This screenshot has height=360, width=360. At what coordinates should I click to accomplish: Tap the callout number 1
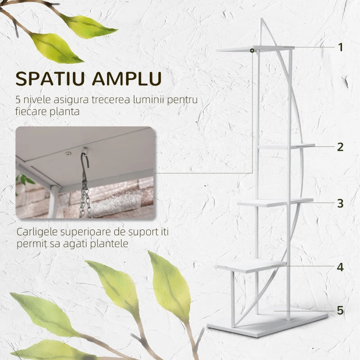tap(341, 47)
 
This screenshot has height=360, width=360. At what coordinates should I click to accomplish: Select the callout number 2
tap(341, 146)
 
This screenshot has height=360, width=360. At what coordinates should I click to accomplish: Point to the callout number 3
tap(341, 203)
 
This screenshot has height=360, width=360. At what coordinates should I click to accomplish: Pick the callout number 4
tap(341, 267)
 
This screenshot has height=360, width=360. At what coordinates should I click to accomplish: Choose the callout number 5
tap(341, 310)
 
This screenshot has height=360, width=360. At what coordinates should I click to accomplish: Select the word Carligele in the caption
tap(36, 233)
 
